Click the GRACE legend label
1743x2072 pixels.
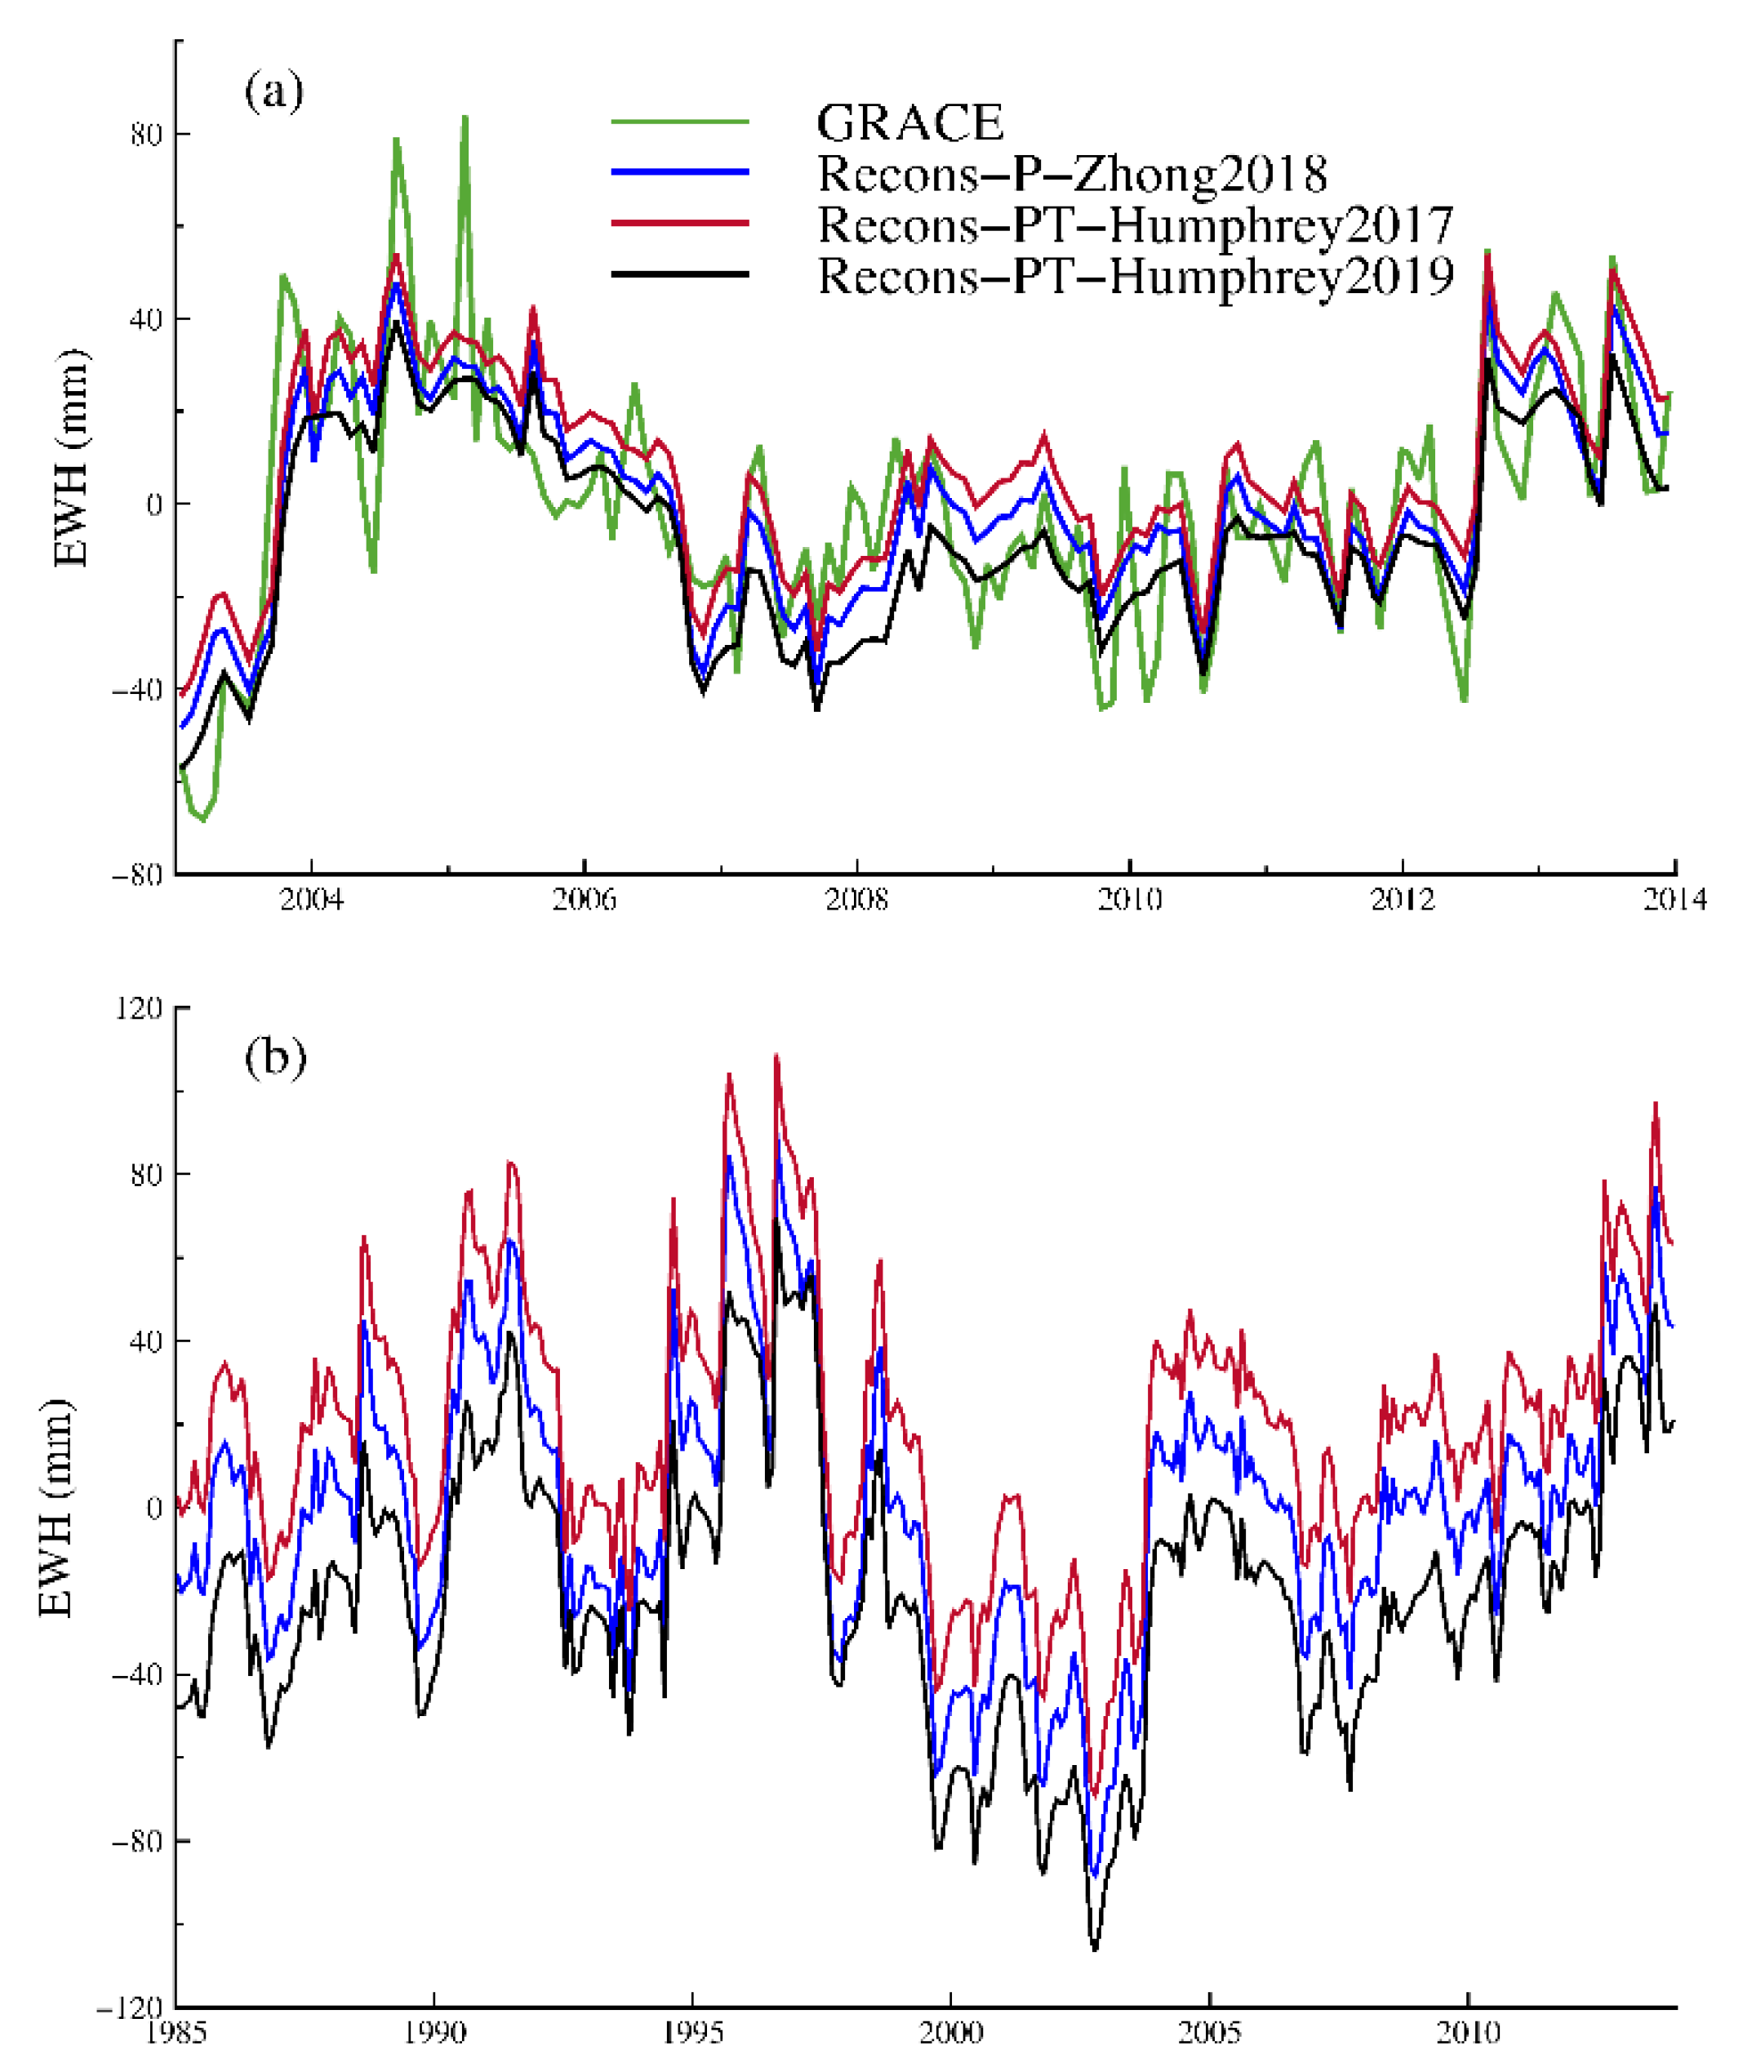[909, 123]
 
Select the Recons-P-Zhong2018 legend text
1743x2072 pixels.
[1072, 174]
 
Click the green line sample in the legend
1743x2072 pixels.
[680, 122]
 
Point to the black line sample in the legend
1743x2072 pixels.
[680, 273]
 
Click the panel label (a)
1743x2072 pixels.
[273, 92]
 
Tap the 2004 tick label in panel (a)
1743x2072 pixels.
[311, 900]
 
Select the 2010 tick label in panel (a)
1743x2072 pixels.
[1129, 900]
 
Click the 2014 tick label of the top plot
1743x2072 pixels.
[1674, 900]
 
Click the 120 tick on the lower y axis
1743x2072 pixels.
[140, 1009]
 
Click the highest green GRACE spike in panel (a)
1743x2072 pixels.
[465, 118]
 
